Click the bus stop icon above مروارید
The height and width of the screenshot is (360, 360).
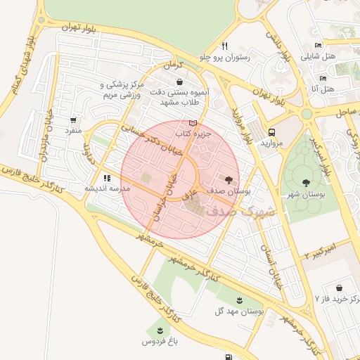(x=271, y=131)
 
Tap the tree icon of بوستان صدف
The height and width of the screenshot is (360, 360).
(x=227, y=180)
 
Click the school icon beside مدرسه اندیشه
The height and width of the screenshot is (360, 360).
(x=107, y=178)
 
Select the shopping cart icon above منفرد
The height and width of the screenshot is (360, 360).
(x=74, y=120)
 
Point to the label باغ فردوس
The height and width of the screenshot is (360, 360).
(x=158, y=341)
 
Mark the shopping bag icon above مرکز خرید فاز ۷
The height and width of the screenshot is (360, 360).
(x=340, y=288)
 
